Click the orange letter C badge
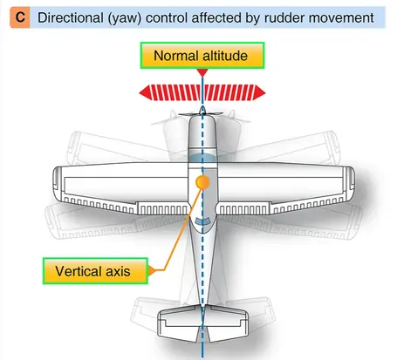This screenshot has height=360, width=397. click(20, 17)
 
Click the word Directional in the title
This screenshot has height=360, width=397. click(71, 18)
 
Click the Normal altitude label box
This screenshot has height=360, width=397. click(202, 56)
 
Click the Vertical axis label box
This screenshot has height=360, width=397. click(95, 271)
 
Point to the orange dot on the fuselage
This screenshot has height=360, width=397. click(202, 182)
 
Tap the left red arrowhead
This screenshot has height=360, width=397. click(146, 93)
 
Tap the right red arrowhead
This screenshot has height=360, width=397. click(260, 93)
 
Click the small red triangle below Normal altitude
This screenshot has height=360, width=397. click(202, 72)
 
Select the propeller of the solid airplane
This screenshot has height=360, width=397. click(201, 114)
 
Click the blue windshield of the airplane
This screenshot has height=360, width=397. click(202, 158)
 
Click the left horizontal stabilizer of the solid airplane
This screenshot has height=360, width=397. click(179, 323)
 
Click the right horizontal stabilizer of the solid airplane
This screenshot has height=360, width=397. click(226, 323)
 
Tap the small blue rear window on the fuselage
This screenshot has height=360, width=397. click(202, 221)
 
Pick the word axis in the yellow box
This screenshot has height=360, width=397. click(118, 271)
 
